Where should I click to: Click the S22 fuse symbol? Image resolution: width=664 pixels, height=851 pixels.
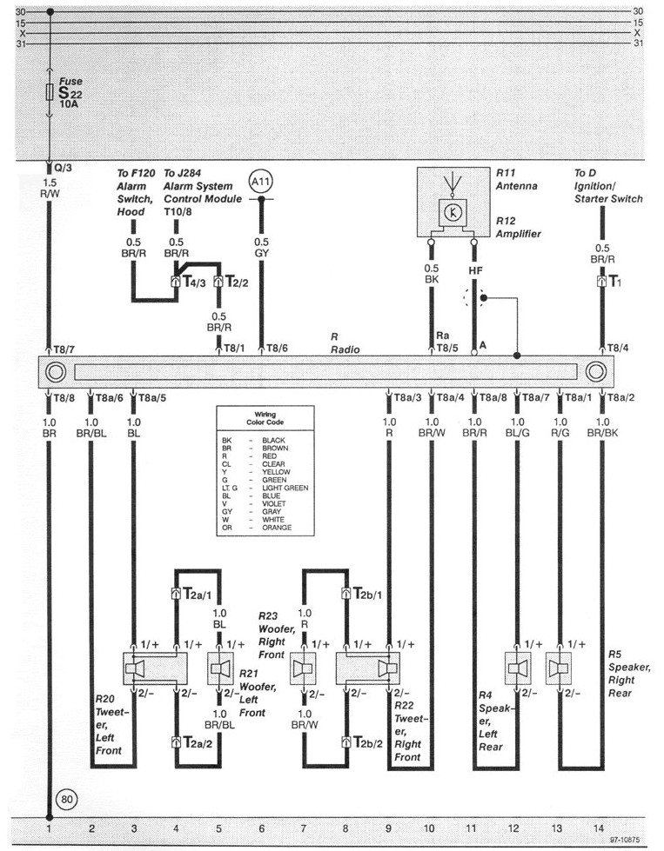tap(50, 93)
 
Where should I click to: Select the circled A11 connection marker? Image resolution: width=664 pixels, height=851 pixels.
tap(261, 183)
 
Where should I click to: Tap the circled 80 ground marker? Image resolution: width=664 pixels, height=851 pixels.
tap(66, 798)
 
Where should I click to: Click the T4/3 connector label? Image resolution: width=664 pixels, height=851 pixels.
tap(193, 282)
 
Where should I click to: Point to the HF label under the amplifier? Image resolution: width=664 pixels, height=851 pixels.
tap(475, 271)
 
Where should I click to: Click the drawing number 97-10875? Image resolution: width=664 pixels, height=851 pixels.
tap(628, 841)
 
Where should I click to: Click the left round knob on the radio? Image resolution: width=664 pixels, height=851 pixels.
tap(54, 372)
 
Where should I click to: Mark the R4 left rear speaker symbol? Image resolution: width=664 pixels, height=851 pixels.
tap(519, 669)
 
